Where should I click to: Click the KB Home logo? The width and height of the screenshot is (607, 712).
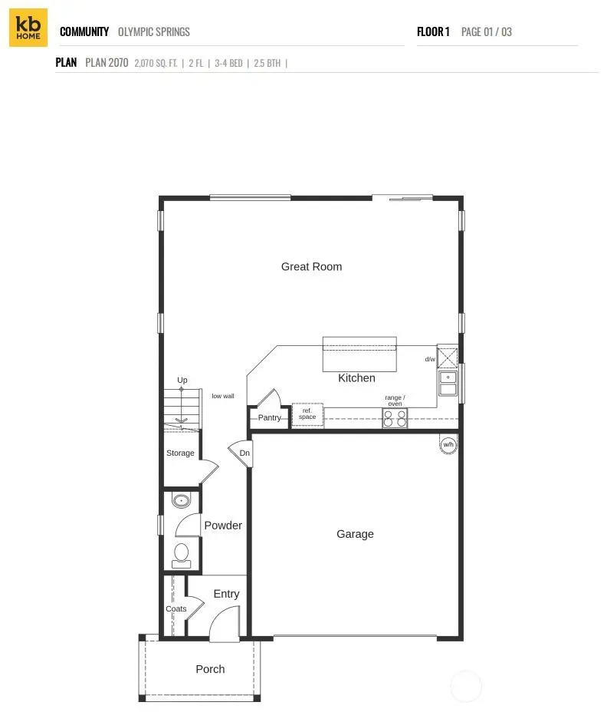coord(28,28)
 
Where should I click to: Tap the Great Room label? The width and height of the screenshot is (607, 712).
coord(311,267)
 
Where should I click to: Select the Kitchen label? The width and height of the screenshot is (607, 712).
coord(356,378)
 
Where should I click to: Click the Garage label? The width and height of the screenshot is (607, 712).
coord(355,534)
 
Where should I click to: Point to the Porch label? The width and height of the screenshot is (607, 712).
coord(210,669)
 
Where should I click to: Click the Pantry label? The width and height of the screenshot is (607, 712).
coord(269,418)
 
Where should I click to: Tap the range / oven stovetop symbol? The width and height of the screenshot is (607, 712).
coord(395,418)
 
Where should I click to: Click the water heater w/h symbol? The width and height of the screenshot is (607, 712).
coord(448,444)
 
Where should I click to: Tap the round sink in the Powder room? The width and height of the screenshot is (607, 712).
coord(182,502)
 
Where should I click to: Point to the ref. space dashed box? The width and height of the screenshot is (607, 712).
coord(307,415)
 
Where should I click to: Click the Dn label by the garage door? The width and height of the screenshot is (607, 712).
coord(244,453)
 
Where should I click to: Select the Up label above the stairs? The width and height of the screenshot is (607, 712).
coord(182,381)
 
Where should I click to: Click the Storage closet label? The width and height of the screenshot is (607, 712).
coord(180,453)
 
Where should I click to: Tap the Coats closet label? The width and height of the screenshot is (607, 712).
coord(176,609)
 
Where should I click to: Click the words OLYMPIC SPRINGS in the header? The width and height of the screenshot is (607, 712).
coord(153,32)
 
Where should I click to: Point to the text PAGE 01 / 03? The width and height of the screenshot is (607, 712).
coord(486,32)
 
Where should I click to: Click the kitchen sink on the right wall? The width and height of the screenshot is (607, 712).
coord(447,383)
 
